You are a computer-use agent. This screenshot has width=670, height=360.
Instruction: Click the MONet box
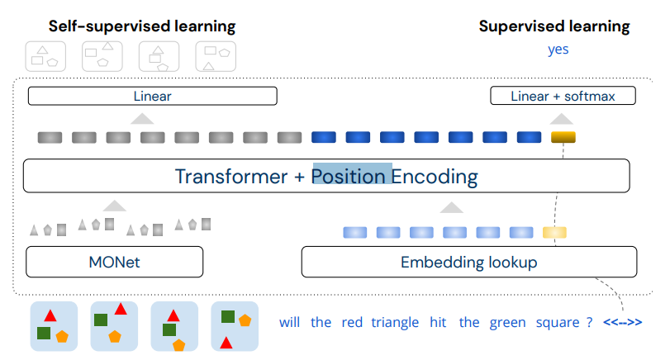coord(115,262)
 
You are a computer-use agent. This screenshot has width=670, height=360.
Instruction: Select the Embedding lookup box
coord(469,262)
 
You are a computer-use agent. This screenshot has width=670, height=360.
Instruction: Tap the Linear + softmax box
coord(563,96)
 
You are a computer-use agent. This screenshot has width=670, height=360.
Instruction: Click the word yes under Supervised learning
coord(558,50)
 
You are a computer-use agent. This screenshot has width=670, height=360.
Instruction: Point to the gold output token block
coord(563,137)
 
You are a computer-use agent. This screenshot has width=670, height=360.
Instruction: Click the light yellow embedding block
coord(554,232)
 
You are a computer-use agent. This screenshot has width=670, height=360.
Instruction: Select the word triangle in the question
coord(395,322)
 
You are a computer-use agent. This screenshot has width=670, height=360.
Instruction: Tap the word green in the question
coord(507,322)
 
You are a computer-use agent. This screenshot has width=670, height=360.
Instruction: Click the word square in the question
coord(558,322)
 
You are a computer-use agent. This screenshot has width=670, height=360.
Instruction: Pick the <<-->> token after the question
coord(623,322)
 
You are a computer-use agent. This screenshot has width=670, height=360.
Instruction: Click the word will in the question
coord(290,322)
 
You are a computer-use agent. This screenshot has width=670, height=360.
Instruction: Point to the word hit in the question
coord(438,322)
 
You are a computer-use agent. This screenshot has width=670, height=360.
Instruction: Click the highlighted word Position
coord(349,177)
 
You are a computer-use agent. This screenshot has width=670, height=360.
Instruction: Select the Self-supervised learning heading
coord(142,26)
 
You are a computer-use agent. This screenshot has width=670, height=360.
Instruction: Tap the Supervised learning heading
coord(554,26)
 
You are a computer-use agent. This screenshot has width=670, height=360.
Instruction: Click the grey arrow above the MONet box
coord(115,206)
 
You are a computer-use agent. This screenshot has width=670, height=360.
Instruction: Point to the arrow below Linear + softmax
coord(562,119)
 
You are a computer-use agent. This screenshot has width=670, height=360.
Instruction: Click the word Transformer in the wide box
coord(231,177)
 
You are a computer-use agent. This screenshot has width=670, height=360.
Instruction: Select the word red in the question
coord(352,322)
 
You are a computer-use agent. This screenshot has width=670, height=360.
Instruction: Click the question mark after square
coord(590,322)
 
